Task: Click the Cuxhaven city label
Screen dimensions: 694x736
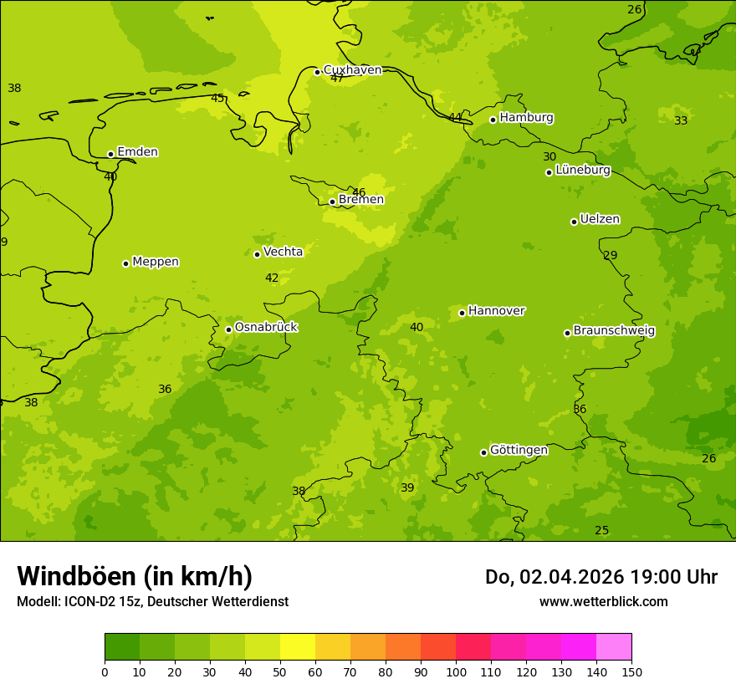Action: click(352, 70)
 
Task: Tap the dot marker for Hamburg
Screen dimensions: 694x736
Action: click(493, 120)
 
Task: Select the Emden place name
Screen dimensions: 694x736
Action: click(137, 152)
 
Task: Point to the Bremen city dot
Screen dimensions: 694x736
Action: click(332, 202)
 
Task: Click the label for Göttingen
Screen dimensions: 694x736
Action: click(519, 450)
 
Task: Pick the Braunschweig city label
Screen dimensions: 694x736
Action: click(614, 331)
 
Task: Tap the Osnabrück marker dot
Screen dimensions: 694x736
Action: click(228, 329)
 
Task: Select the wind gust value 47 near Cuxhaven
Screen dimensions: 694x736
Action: click(337, 79)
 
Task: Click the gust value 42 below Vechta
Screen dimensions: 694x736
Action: click(272, 278)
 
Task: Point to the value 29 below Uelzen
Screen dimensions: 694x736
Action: click(611, 255)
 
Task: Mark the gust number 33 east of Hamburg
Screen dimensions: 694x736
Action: click(681, 120)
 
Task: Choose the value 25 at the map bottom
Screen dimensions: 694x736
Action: click(601, 530)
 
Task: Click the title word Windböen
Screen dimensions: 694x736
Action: click(76, 576)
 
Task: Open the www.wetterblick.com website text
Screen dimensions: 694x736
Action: click(603, 602)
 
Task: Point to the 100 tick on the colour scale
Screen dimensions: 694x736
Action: click(456, 671)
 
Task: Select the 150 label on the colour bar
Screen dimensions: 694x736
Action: click(631, 671)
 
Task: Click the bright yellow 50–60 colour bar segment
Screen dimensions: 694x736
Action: click(298, 647)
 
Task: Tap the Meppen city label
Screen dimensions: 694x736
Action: click(155, 262)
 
